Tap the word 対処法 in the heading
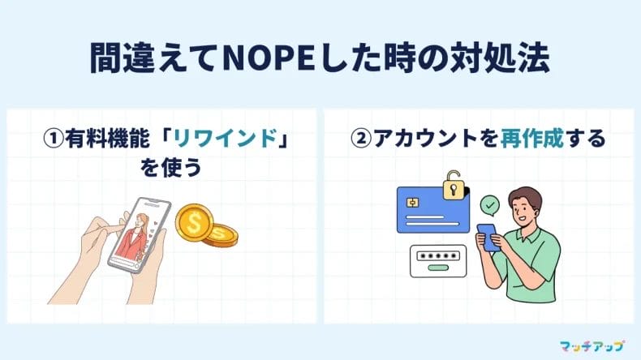coord(512,58)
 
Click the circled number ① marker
coord(53,139)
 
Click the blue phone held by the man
coord(488,235)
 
